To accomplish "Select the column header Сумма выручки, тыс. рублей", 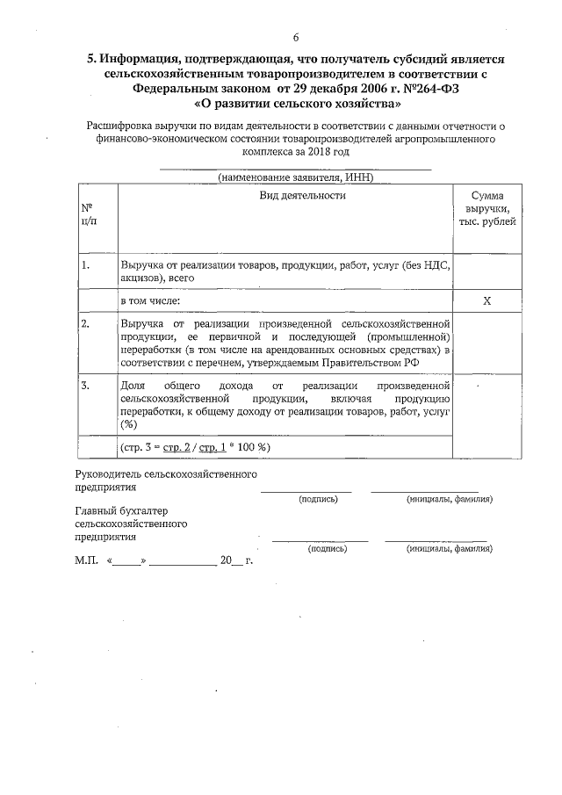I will tap(486, 208).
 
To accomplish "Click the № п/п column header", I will tap(88, 214).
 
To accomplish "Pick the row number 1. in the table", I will tap(85, 264).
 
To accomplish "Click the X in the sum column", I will tap(486, 301).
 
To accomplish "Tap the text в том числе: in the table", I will tap(151, 301).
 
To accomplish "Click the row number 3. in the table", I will tap(85, 386).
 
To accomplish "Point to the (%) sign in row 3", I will tap(129, 423).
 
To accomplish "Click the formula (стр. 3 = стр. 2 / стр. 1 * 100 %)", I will tap(195, 447).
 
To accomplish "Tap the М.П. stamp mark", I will tap(86, 560).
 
